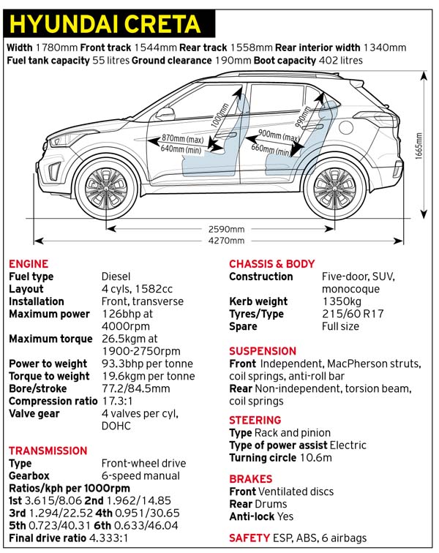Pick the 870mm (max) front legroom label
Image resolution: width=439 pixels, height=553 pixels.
pos(183,138)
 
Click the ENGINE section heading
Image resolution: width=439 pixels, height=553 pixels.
pos(29,264)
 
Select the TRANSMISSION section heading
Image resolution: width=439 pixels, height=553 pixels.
pos(48,451)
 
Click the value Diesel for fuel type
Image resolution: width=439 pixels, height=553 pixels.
pos(116,276)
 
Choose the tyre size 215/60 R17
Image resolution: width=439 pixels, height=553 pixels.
pos(353,314)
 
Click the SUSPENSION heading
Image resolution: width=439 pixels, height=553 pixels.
pos(263,351)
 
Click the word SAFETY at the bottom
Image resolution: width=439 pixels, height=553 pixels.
pos(248,538)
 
